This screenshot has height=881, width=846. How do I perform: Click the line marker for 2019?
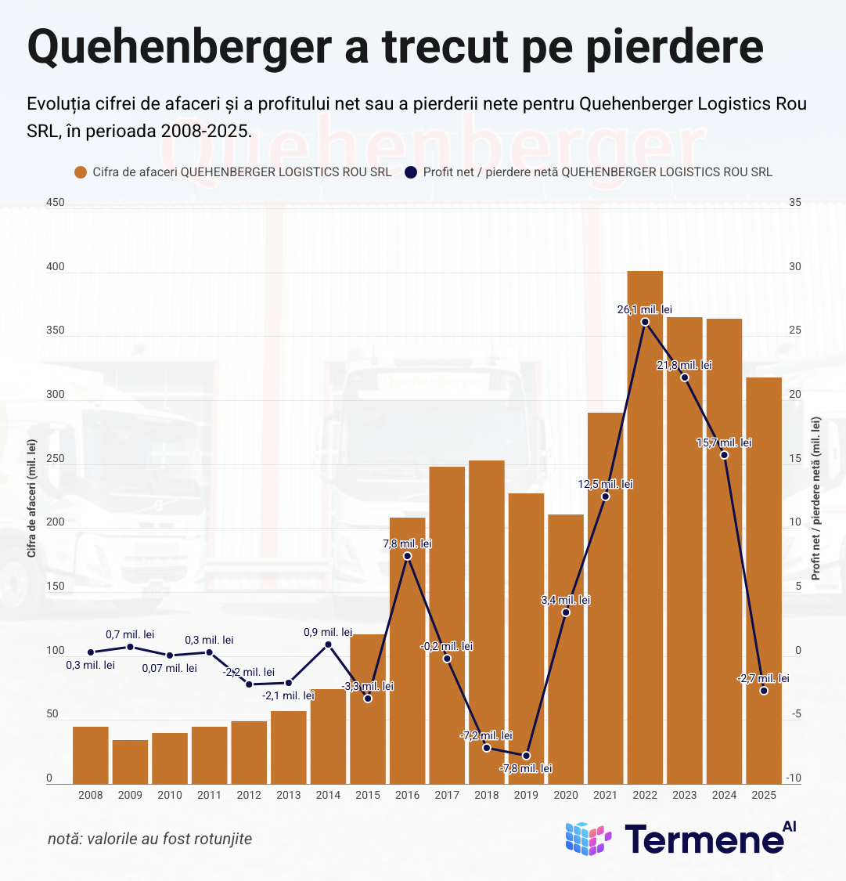(x=526, y=756)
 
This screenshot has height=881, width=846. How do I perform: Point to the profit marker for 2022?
(x=645, y=322)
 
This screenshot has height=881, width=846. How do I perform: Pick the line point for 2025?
(x=764, y=691)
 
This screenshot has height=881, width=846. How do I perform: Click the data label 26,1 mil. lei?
(x=645, y=309)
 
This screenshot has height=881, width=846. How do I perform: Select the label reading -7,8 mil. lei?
(x=526, y=768)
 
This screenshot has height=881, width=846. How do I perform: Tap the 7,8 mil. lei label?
(x=407, y=543)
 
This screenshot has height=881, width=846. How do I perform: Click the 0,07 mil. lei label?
(x=170, y=668)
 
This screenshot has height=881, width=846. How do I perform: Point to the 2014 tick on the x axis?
(x=328, y=795)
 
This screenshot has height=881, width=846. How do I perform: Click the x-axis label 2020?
(x=565, y=795)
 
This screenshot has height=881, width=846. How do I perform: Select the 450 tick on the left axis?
(x=55, y=203)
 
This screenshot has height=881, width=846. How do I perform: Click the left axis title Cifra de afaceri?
(x=32, y=498)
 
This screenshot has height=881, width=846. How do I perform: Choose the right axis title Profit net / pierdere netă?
(x=816, y=498)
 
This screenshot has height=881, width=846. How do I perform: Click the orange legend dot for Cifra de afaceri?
(x=80, y=172)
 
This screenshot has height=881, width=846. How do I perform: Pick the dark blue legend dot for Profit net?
(x=411, y=172)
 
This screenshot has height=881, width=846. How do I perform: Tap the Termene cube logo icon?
(x=588, y=839)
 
